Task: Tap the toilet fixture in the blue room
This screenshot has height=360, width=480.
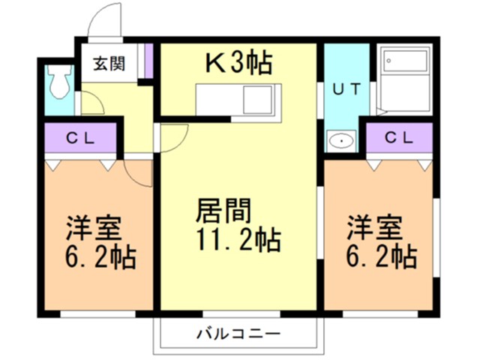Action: click(58, 82)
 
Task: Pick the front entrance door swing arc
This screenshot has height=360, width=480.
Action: click(105, 19)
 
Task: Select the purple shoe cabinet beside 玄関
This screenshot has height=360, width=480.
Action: click(148, 60)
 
